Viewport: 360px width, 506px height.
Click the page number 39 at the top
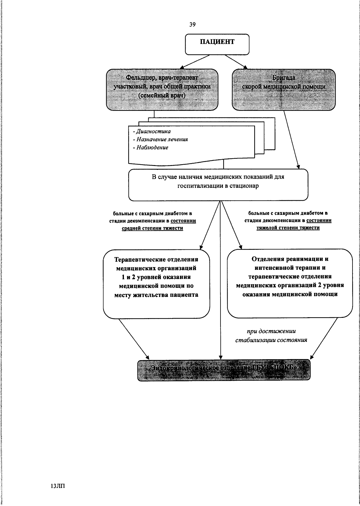tap(192, 25)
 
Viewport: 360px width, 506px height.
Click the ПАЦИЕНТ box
tap(217, 44)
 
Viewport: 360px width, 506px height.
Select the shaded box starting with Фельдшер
tap(162, 89)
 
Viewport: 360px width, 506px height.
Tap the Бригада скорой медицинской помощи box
tap(283, 89)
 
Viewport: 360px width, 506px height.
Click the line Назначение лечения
tap(162, 139)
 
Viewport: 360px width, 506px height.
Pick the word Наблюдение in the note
tap(152, 147)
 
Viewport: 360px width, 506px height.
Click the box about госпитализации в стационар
tap(218, 184)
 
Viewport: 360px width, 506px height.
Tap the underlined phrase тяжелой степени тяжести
tap(288, 227)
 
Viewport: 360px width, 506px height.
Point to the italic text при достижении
tap(271, 331)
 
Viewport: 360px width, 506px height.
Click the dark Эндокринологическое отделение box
tap(224, 370)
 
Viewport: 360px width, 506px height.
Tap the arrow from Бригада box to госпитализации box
tap(291, 140)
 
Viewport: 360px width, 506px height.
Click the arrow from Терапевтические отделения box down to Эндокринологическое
tap(133, 338)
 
